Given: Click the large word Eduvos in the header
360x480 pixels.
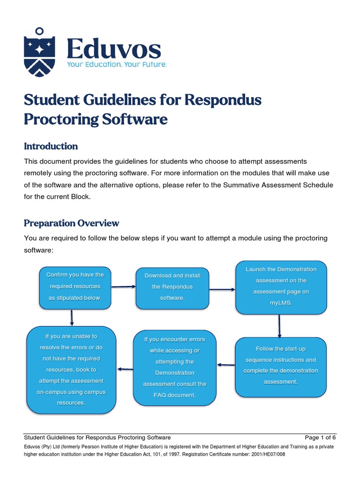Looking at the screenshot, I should click(114, 49).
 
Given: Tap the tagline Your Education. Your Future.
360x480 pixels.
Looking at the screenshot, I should click(116, 64).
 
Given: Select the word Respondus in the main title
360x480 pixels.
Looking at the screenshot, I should click(223, 100).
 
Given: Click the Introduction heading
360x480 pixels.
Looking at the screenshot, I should click(51, 146).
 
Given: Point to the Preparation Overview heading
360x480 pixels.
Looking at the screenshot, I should click(71, 223).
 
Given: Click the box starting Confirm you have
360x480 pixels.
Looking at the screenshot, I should click(75, 286).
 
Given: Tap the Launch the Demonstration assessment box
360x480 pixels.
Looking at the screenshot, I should click(281, 286).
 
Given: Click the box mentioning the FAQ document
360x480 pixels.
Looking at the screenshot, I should click(174, 367).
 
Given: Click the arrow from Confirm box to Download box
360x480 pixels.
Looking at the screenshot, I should click(123, 286).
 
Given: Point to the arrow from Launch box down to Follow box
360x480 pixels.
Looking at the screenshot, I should click(279, 325).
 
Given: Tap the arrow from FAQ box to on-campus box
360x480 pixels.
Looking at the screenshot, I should click(124, 369).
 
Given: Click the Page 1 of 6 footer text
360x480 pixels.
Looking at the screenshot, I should click(320, 437).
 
